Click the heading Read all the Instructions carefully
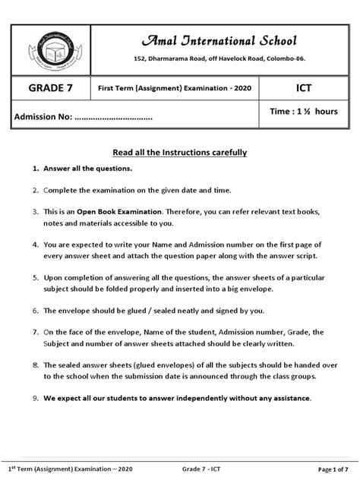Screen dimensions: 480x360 click(180, 152)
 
